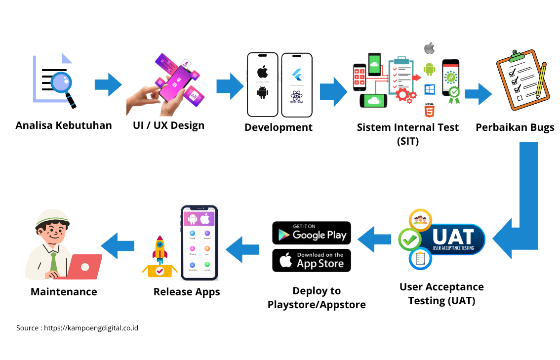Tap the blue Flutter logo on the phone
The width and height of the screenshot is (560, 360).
coord(297,75)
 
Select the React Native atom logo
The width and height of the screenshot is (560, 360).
coord(297,95)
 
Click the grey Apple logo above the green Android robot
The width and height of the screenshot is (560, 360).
coord(429,48)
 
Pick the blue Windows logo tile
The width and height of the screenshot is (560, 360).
coord(430,89)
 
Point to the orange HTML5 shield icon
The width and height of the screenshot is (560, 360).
coord(430,111)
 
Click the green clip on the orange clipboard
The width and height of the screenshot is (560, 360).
coord(517,56)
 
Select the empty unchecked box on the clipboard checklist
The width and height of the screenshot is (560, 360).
coord(520,98)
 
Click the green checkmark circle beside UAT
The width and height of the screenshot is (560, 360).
coord(409,240)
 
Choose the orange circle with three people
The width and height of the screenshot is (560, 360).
coord(420,220)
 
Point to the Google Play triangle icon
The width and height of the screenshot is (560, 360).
coord(283,235)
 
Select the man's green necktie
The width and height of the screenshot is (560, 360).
coord(54,262)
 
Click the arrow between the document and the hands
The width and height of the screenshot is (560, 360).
coord(108,84)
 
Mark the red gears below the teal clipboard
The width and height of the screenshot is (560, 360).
coord(406,94)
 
